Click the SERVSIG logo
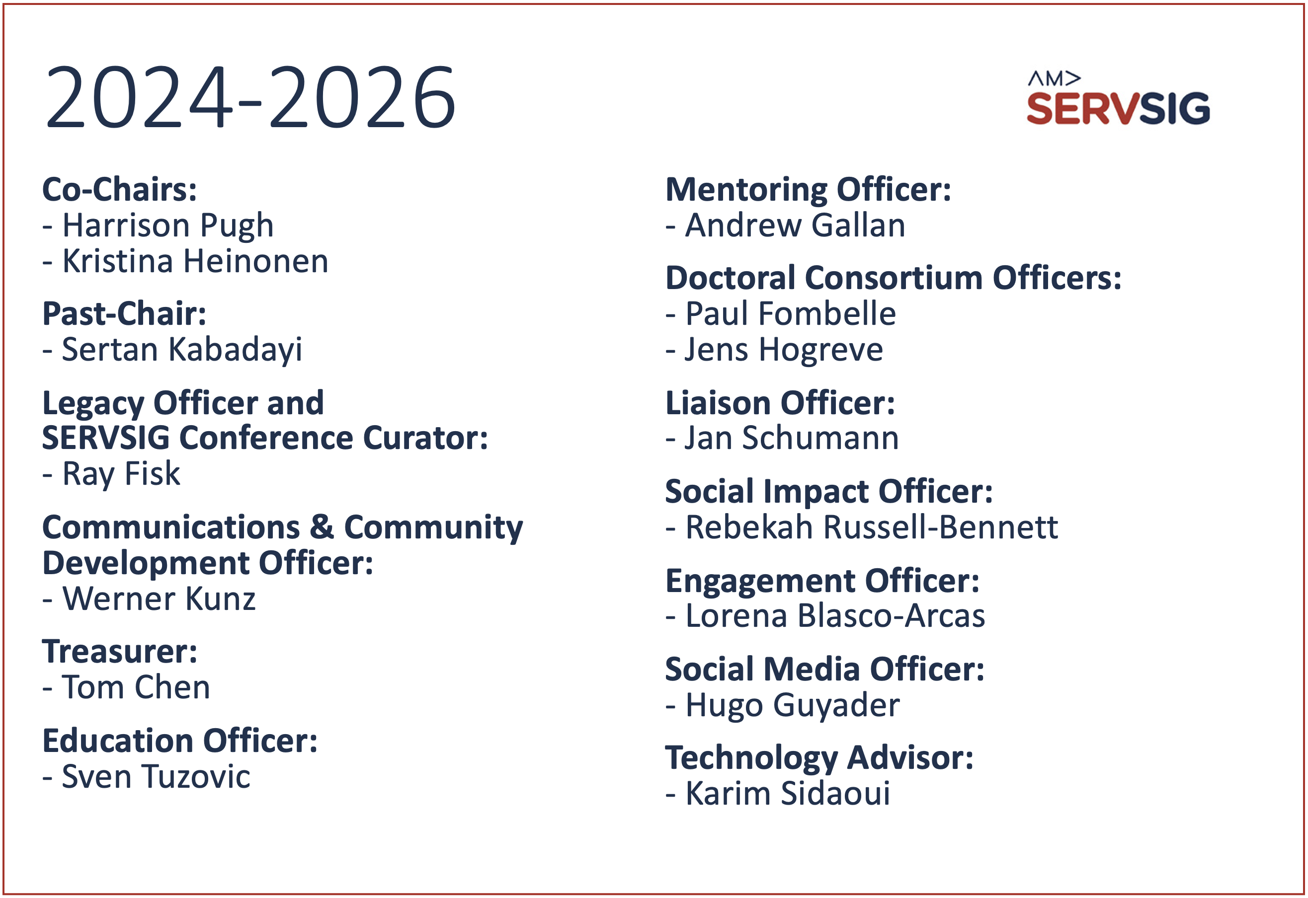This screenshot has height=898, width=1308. tap(1118, 98)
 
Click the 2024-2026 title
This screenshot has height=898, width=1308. tap(250, 97)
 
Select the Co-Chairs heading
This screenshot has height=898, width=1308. tap(120, 189)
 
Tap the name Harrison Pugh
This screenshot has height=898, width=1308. tap(167, 226)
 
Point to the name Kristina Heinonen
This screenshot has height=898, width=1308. tap(195, 261)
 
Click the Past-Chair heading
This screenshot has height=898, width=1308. tap(124, 313)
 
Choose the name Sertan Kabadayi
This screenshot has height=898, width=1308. tap(182, 351)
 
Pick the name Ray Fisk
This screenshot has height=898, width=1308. tap(121, 474)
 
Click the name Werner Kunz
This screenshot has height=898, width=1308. tap(159, 599)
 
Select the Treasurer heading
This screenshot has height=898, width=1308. tap(120, 652)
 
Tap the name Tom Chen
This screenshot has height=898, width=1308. tap(136, 687)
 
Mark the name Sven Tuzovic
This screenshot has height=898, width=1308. tap(156, 776)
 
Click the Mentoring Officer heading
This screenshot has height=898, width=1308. tap(808, 190)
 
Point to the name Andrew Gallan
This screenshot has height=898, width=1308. tap(795, 225)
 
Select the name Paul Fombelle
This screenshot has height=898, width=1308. tap(791, 313)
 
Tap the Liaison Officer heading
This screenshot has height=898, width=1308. tap(780, 403)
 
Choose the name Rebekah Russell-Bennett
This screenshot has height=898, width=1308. tap(872, 527)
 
